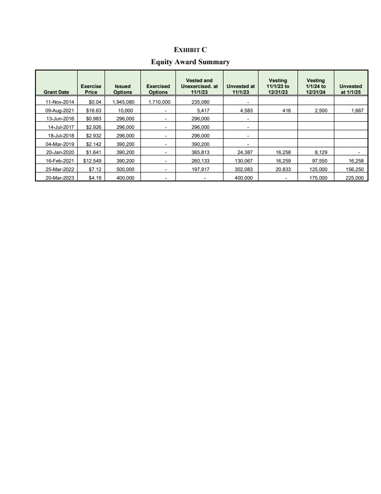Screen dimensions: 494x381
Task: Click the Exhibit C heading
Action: [x=190, y=49]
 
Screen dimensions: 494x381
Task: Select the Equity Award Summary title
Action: [x=190, y=62]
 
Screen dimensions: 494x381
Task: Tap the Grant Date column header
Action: [x=57, y=92]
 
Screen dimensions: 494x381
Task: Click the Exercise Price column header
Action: [x=91, y=89]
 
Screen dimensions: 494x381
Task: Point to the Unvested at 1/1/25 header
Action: [x=351, y=89]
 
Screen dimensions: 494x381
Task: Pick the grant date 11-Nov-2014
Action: [x=57, y=101]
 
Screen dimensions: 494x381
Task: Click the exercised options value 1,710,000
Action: [x=159, y=101]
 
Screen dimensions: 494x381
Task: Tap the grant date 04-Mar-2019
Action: [x=57, y=144]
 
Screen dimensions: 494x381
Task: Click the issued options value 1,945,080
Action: [x=123, y=101]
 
